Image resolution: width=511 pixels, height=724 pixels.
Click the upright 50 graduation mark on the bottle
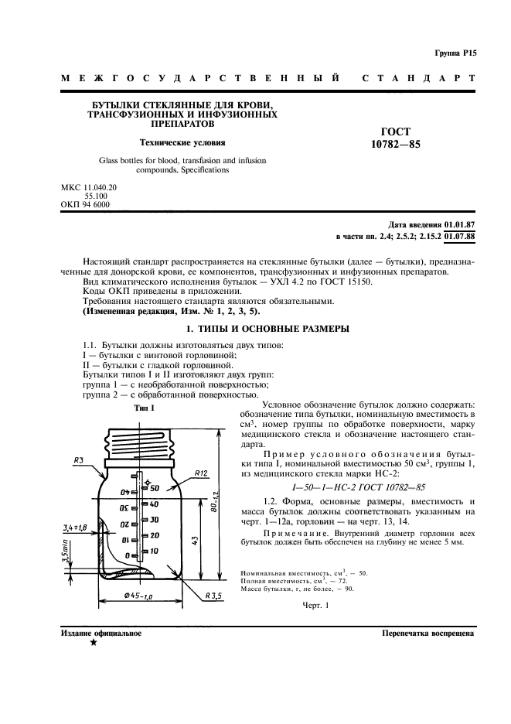(154, 488)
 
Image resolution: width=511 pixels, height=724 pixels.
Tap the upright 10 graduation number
(154, 550)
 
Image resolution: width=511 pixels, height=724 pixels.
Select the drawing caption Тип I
(144, 408)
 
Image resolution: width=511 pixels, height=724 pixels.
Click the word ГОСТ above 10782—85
(396, 131)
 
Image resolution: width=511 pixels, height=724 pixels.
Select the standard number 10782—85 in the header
(396, 145)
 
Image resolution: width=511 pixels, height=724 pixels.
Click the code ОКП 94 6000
(85, 204)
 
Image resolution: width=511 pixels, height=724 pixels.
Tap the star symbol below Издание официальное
(93, 644)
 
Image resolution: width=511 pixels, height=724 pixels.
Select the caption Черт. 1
(315, 606)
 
